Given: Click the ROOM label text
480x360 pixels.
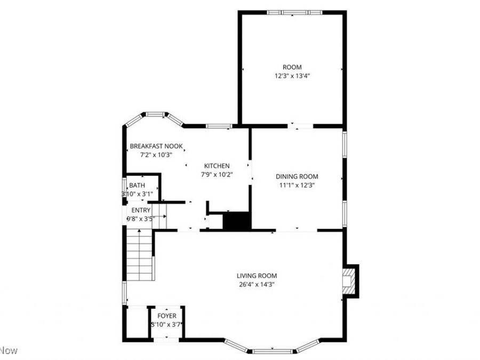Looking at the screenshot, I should tap(292, 67).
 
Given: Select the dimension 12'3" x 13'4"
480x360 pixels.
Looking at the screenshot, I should tap(292, 76).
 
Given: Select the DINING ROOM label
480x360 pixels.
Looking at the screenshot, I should tap(297, 177).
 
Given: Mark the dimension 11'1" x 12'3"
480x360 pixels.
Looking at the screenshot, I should tap(297, 185).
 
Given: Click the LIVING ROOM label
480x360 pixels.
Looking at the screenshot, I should tap(257, 276).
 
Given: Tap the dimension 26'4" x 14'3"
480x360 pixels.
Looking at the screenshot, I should tap(257, 284).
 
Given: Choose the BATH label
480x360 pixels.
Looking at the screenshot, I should tap(137, 185).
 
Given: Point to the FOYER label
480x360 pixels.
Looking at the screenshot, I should tap(167, 316).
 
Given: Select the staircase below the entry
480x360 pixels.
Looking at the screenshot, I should tap(140, 254).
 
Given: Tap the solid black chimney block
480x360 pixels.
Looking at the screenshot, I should tap(236, 220).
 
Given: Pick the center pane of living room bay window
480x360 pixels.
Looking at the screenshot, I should tap(272, 351).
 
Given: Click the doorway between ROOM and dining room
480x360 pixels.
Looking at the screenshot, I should tap(301, 126).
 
